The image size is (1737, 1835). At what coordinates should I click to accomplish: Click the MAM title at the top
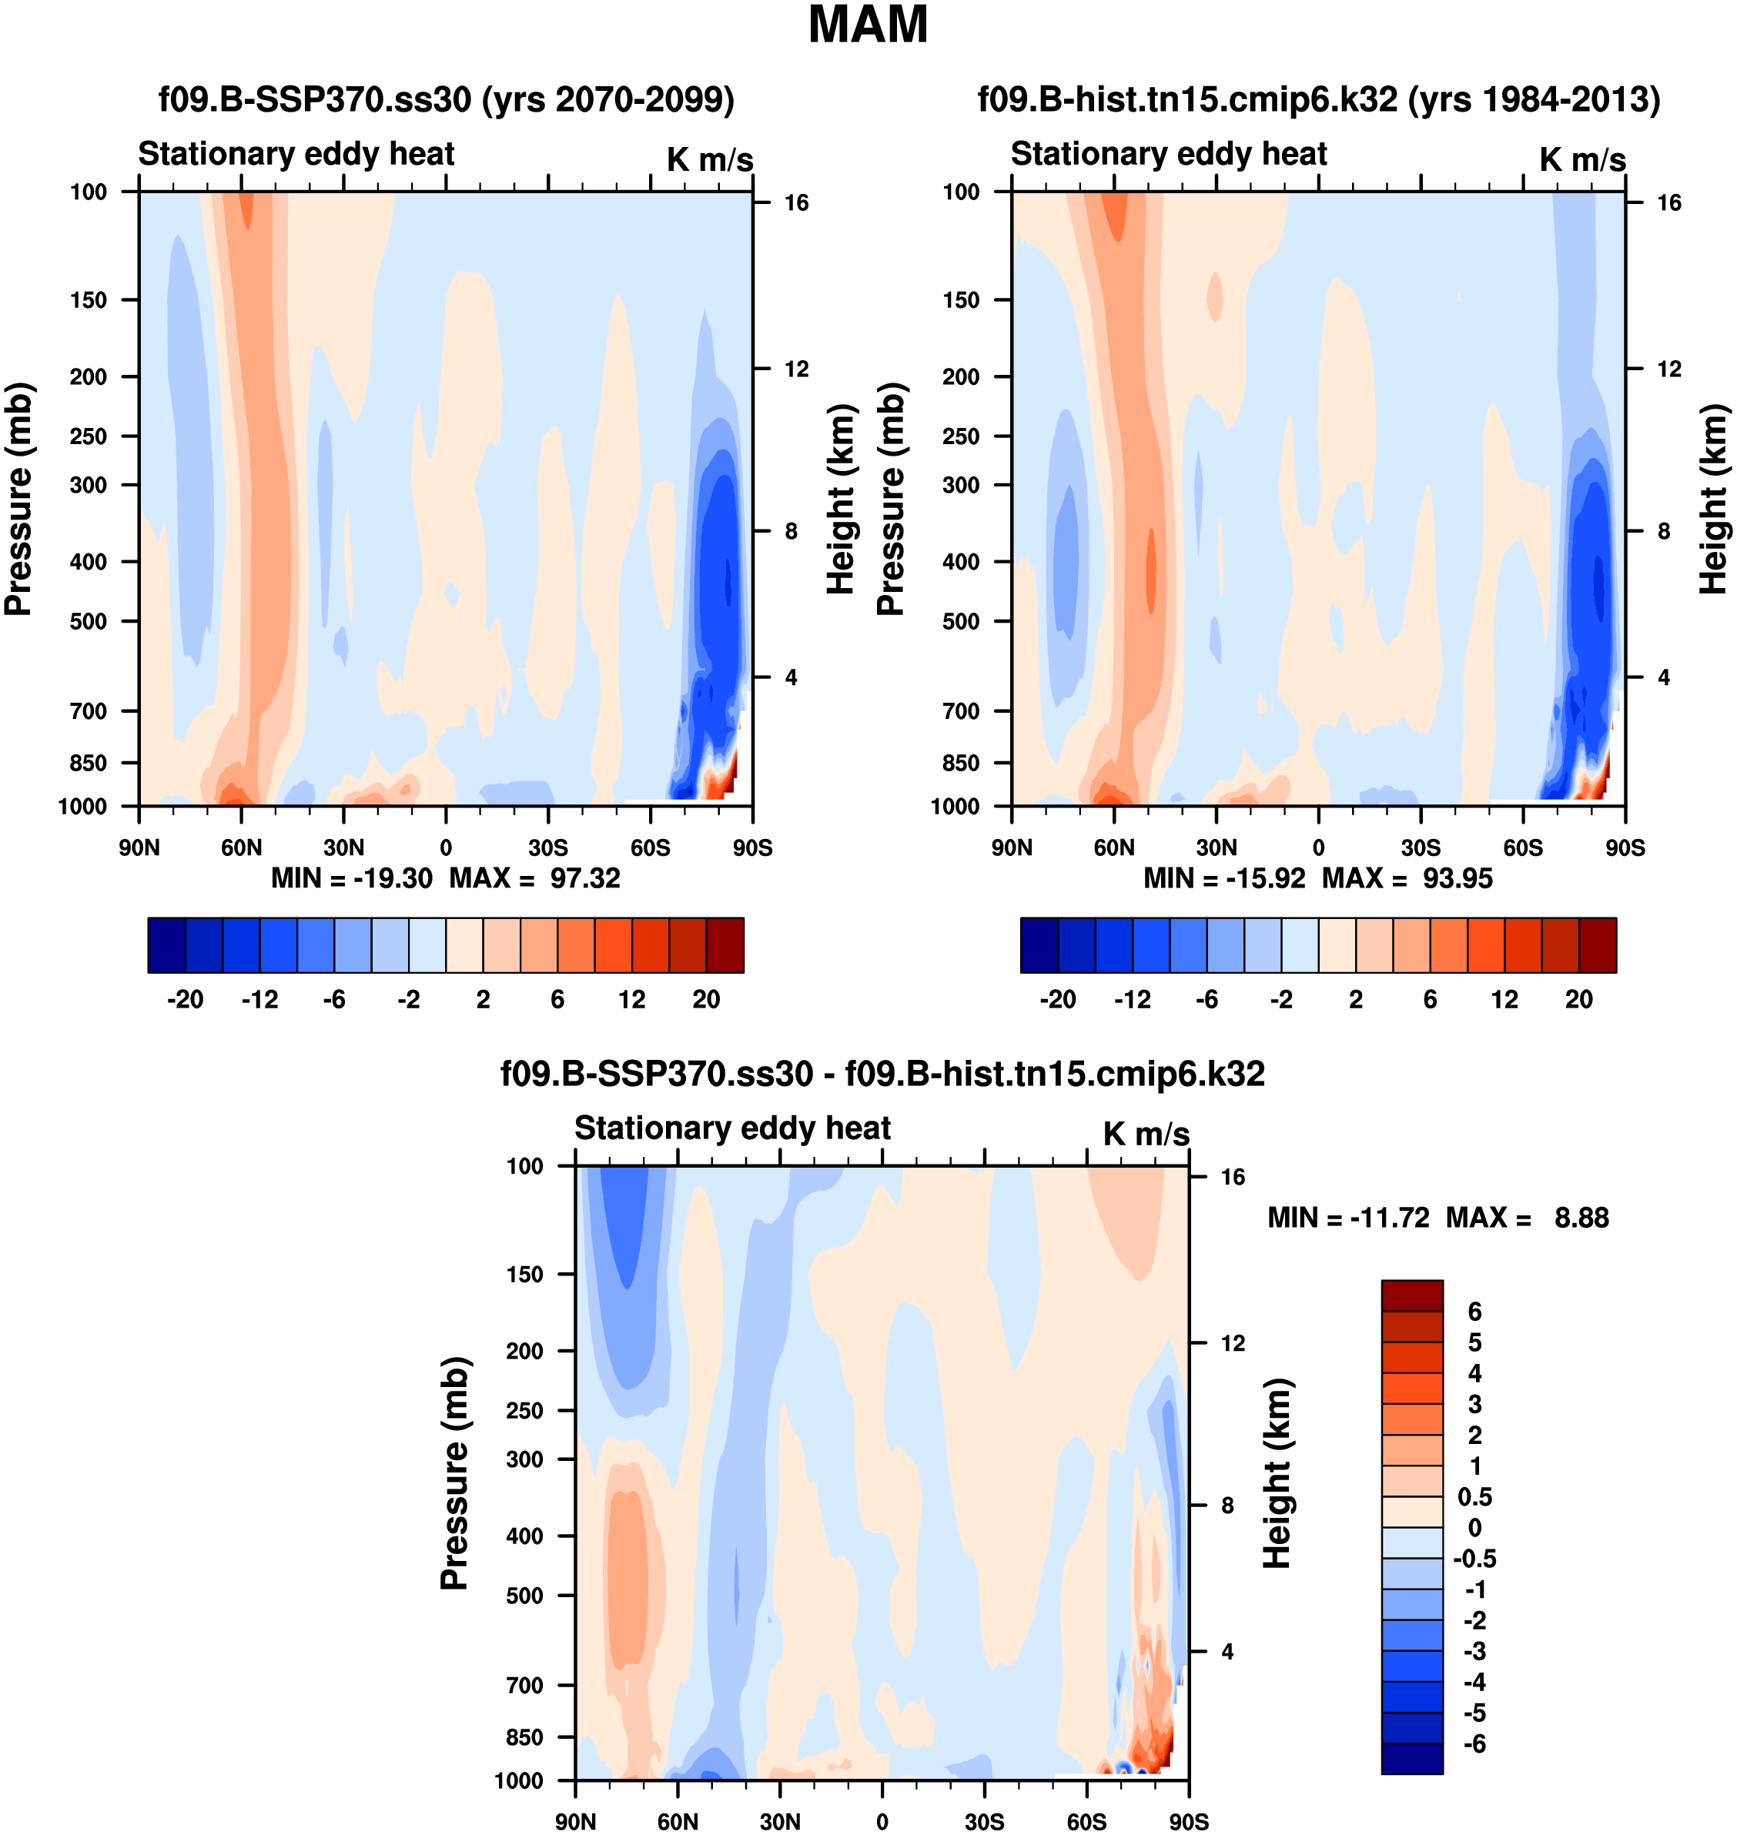click(867, 25)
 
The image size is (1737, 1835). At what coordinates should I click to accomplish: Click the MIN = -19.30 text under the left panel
click(351, 877)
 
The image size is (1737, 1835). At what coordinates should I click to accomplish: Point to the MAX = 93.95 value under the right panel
click(1407, 877)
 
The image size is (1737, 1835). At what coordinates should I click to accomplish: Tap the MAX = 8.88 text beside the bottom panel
click(1527, 1218)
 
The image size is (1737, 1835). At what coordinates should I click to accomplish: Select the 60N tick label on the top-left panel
click(241, 847)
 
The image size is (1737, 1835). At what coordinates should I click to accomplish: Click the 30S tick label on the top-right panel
click(1421, 847)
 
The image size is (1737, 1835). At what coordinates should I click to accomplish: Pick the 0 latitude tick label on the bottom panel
click(882, 1821)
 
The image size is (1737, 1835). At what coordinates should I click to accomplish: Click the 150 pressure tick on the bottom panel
click(524, 1274)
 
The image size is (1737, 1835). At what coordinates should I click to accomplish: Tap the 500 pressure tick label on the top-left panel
click(88, 621)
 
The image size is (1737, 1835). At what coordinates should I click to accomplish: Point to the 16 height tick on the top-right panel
click(1668, 202)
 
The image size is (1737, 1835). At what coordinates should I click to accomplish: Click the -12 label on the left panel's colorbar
click(259, 999)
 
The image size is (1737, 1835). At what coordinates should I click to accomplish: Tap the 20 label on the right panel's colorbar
click(1578, 999)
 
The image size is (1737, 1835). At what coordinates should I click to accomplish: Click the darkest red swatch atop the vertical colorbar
click(1411, 1295)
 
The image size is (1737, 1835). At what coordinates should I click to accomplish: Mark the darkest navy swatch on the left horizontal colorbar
click(166, 945)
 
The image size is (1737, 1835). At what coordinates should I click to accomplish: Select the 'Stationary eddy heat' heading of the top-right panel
click(1169, 154)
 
